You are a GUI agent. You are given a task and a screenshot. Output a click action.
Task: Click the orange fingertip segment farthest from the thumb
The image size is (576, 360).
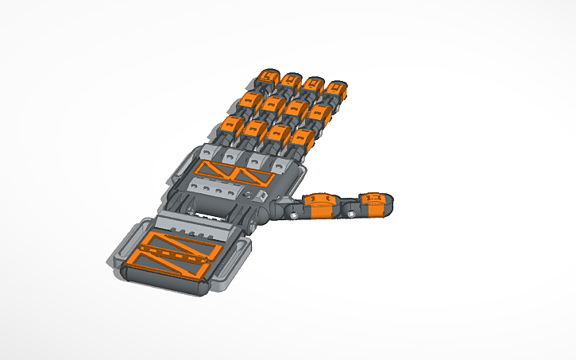coord(266,77)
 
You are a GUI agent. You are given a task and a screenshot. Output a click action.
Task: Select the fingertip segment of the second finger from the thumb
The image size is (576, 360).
coord(314,83)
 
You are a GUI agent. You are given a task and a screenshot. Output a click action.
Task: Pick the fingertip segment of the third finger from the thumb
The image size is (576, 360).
coord(289,80)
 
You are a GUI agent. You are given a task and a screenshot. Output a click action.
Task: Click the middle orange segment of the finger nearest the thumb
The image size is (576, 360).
coord(322,113)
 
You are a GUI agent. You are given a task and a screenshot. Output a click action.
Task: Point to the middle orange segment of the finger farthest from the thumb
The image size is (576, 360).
coord(250,101)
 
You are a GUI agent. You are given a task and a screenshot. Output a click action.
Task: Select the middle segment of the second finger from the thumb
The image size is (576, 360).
coord(298,109)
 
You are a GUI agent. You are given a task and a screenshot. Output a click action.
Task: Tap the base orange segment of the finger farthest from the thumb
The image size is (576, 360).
coord(234,125)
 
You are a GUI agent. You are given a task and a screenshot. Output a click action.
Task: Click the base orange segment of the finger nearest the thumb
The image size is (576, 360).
coord(302,138)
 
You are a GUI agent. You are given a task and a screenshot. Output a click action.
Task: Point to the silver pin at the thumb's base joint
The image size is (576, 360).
coord(295,215)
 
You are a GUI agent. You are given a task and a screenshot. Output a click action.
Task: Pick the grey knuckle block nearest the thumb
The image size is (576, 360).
coord(282,165)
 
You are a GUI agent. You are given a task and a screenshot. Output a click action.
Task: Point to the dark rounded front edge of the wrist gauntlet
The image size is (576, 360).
coord(163,280)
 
